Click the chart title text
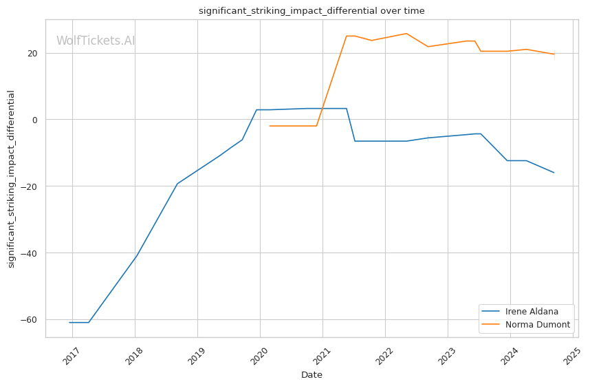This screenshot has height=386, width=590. (x=312, y=10)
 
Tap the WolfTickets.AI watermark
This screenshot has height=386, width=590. (x=96, y=41)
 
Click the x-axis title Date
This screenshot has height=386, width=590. (x=312, y=375)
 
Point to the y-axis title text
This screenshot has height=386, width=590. (x=11, y=178)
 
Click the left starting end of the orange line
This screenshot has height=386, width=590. (x=270, y=126)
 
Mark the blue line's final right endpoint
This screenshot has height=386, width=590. (x=554, y=173)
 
